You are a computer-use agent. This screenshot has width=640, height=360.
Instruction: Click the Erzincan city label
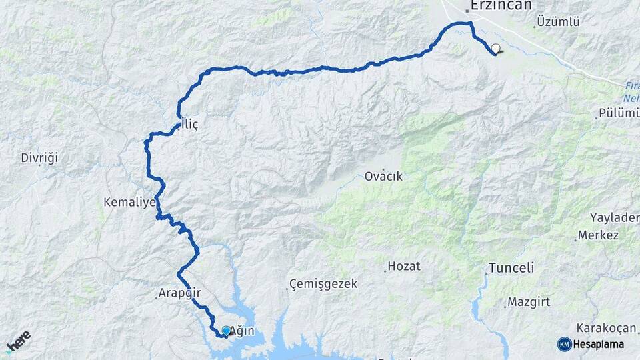(x=501, y=5)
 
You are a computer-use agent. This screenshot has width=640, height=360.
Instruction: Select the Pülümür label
(x=619, y=113)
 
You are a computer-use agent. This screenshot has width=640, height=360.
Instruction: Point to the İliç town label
(x=189, y=125)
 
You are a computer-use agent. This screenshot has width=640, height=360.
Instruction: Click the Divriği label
(x=40, y=158)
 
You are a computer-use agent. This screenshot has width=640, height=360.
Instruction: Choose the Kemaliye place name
(x=129, y=201)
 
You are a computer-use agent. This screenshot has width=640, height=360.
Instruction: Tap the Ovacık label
(x=383, y=177)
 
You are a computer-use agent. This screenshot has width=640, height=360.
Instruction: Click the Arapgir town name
(x=179, y=293)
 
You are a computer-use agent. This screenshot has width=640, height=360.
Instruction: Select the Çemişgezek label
(x=323, y=284)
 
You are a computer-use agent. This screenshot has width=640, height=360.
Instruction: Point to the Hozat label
(x=404, y=266)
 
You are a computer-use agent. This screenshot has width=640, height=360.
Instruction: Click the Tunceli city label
(x=511, y=268)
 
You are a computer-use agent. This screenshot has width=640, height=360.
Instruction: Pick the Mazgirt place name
(x=529, y=302)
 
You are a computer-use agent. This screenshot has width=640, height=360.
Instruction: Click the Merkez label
(x=598, y=235)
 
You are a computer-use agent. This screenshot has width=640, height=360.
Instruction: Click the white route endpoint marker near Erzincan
(x=495, y=49)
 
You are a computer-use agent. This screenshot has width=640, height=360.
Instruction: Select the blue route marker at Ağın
(x=226, y=331)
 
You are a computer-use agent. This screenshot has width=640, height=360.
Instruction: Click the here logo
(x=18, y=341)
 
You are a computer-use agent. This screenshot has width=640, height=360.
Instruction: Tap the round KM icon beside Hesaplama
(x=564, y=344)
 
